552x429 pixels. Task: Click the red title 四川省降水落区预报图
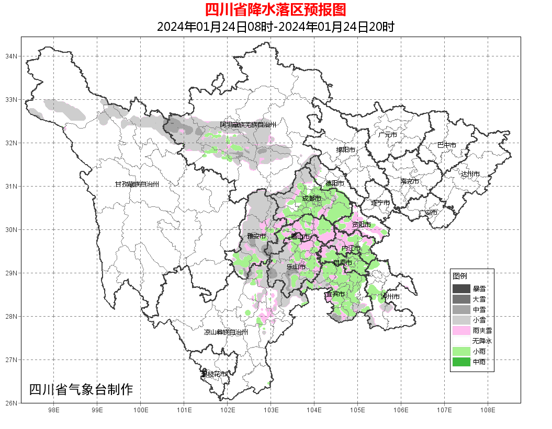click(275, 10)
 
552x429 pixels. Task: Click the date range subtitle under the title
click(275, 27)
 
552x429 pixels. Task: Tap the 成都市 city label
click(312, 199)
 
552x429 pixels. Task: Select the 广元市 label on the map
click(388, 135)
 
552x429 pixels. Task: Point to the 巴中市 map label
click(447, 145)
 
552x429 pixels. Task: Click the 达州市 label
click(470, 173)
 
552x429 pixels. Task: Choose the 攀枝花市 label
click(215, 374)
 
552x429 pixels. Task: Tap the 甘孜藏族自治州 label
click(137, 184)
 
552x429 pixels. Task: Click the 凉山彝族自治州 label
click(226, 332)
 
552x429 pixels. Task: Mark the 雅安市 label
click(256, 236)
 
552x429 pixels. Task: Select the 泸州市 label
click(390, 297)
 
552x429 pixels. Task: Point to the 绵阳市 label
click(345, 150)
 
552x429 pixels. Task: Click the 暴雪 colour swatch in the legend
click(461, 288)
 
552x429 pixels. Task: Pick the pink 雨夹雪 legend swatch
click(461, 330)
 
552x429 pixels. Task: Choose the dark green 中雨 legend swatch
click(461, 362)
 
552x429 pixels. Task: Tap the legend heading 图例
click(460, 276)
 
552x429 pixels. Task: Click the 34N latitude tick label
click(12, 56)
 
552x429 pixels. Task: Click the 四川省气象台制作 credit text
click(81, 389)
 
